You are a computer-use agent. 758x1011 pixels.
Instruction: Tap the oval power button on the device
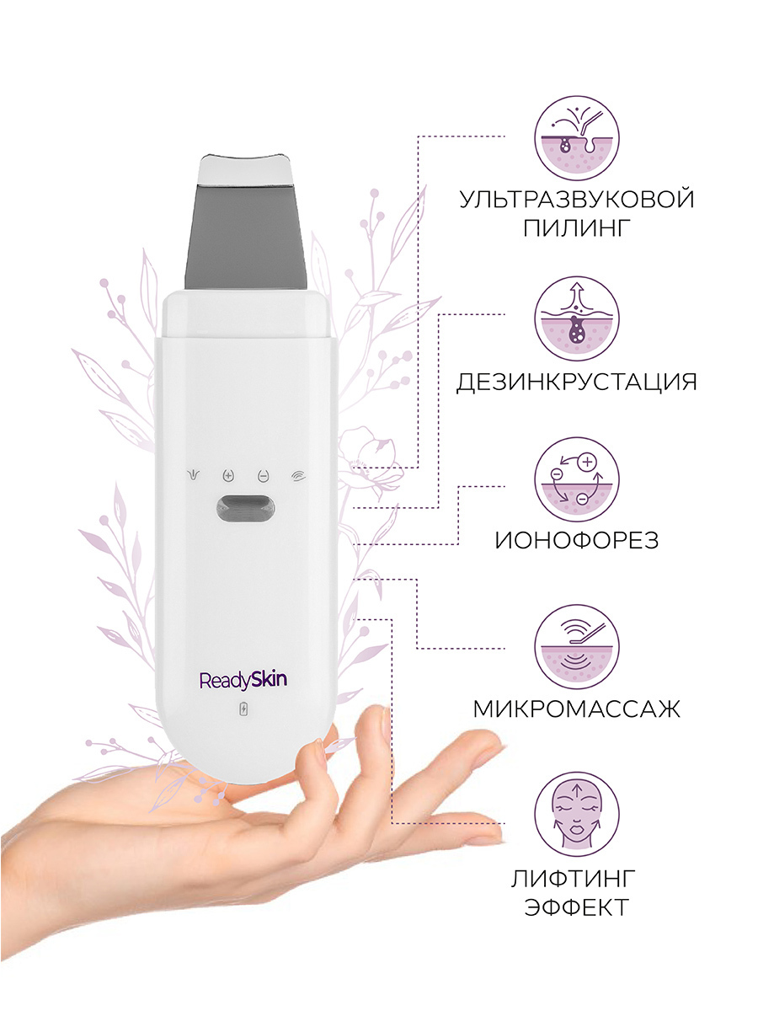[246, 509]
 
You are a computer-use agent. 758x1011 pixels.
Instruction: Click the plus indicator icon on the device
[227, 475]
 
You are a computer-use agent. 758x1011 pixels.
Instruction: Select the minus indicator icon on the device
[264, 475]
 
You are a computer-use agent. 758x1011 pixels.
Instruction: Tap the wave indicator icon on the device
[298, 476]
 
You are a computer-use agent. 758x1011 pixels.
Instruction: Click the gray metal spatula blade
[245, 237]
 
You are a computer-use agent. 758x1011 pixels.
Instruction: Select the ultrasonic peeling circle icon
[577, 138]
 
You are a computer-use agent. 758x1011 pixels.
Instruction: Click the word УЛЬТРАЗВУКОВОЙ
[577, 200]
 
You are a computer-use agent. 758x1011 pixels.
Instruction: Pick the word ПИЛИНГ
[577, 227]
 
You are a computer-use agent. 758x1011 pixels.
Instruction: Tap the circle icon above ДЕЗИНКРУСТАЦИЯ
[577, 318]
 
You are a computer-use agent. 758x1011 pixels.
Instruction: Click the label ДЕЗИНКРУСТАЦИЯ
[577, 382]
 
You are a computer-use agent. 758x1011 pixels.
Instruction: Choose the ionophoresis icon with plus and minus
[577, 480]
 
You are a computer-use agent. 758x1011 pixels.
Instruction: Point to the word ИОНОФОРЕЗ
[577, 540]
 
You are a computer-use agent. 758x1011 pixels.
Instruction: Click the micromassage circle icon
[577, 647]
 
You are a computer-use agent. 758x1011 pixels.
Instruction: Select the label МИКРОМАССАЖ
[577, 709]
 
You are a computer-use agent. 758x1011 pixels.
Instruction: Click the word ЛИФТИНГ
[573, 880]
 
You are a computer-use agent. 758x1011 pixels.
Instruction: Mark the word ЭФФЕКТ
[577, 908]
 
